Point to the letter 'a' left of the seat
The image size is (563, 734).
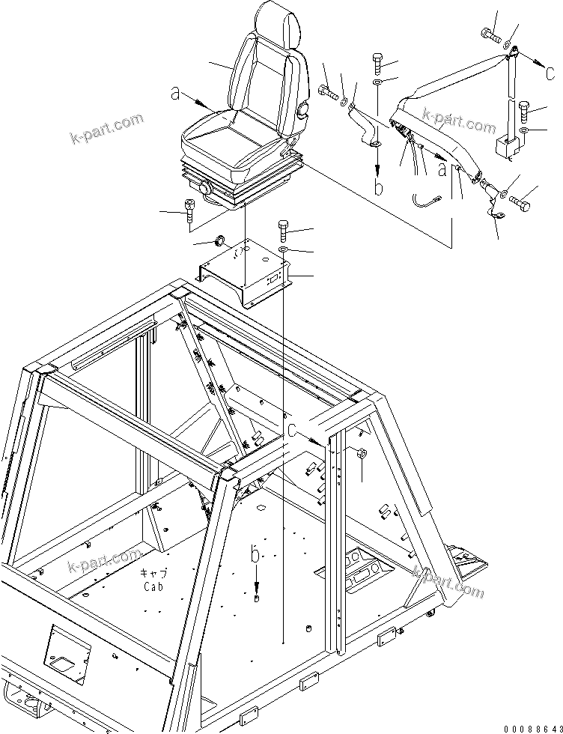coord(175,94)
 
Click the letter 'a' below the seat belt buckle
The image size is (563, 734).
coord(442,169)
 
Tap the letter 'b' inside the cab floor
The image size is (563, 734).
coord(256,556)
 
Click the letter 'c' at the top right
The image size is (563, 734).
coord(550,73)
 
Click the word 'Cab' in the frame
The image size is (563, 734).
coord(154,586)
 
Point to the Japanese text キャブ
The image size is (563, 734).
coord(154,573)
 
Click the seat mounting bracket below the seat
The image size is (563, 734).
coord(247,273)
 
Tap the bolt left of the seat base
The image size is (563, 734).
coord(189,213)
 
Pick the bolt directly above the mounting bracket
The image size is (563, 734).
coord(283,228)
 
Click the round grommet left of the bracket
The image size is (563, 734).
coord(220,240)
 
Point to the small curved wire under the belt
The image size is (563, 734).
coord(427,198)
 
